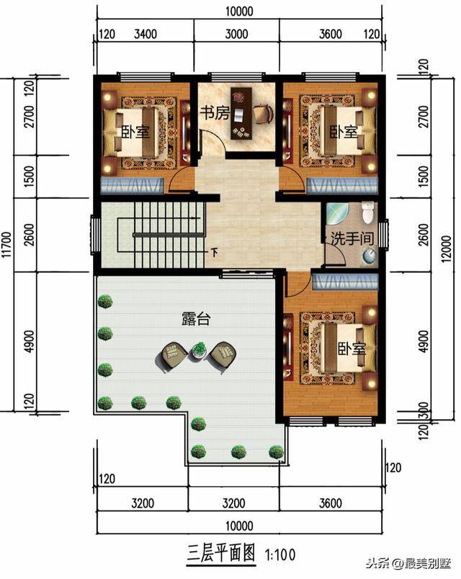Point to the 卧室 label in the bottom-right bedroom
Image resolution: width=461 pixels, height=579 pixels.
(352, 349)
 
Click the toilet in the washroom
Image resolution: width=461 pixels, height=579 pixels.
(368, 213)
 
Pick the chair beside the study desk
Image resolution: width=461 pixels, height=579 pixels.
(264, 113)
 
